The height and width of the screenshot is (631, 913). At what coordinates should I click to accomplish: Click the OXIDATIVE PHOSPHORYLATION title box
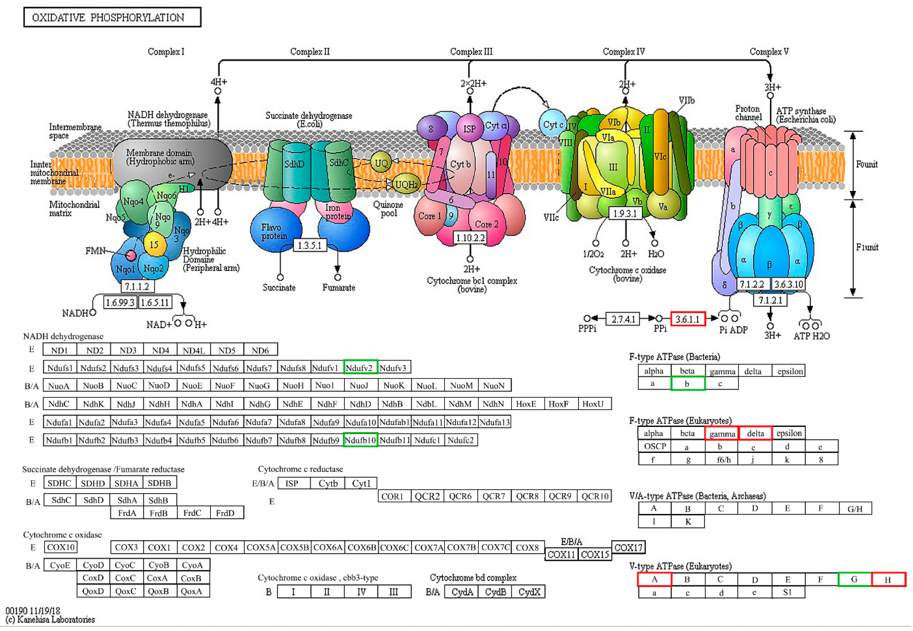pos(112,17)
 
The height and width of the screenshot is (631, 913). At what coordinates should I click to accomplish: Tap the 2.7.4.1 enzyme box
pos(623,319)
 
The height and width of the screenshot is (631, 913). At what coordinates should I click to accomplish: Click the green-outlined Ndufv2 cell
pos(360,368)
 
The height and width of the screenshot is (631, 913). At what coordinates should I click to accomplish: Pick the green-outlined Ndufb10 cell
pos(360,440)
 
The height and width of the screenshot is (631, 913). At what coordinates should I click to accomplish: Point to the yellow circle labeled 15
pos(154,244)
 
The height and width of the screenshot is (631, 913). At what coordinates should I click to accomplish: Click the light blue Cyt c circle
pos(552,124)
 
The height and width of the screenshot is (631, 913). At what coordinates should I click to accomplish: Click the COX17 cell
pos(628,547)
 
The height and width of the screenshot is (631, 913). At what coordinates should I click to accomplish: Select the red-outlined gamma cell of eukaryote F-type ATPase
pos(722,433)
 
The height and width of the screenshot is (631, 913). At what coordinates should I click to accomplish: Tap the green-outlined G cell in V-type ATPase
pos(855,579)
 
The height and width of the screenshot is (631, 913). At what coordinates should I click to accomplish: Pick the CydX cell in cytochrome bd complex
pos(529,592)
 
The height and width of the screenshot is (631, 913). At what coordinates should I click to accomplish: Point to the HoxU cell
pos(593,404)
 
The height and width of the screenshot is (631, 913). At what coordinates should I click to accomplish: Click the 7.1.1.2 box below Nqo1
pos(137,286)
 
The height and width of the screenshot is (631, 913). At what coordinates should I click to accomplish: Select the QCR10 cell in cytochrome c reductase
pos(594,496)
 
